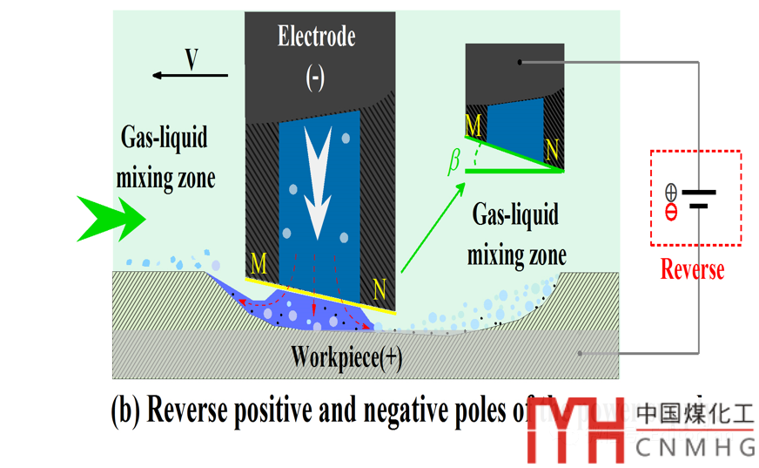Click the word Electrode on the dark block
click(x=316, y=37)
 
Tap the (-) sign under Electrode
click(x=315, y=78)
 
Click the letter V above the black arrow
click(x=191, y=59)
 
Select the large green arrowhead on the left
click(x=106, y=218)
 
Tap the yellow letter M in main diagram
click(x=259, y=262)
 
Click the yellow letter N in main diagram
click(x=379, y=288)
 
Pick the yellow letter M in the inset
click(x=474, y=127)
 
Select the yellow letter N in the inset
click(x=552, y=151)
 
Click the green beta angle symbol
click(x=453, y=163)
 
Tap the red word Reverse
click(x=692, y=268)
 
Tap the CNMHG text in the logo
click(x=695, y=447)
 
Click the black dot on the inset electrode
click(x=520, y=62)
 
